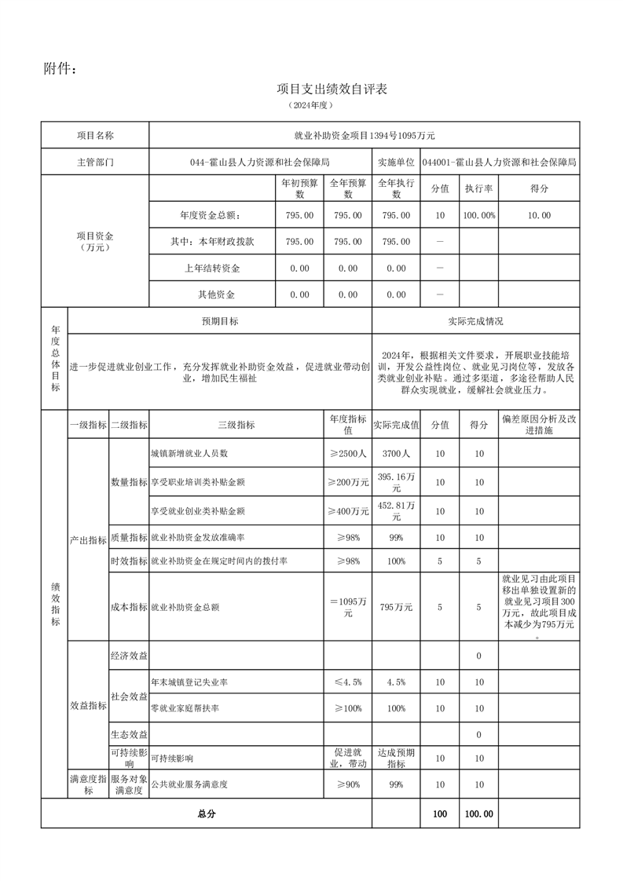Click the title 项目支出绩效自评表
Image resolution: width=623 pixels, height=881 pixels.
332,90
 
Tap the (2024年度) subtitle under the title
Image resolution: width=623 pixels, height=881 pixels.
311,105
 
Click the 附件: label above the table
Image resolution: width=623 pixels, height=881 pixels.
60,70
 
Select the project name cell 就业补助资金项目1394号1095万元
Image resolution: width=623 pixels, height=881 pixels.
364,136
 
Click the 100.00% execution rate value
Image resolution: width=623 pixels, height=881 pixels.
478,215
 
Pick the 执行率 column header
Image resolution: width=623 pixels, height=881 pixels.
478,189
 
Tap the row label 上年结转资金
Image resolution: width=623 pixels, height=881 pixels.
212,269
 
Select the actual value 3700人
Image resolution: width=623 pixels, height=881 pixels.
396,454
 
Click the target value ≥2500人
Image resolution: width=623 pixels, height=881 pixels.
347,454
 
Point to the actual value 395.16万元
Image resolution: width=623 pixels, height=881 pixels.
396,482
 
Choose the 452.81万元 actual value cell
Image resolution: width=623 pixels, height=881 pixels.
396,511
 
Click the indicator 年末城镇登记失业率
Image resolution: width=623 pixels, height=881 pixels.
195,682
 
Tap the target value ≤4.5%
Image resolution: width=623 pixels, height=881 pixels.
347,682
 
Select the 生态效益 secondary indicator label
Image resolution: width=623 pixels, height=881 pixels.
129,734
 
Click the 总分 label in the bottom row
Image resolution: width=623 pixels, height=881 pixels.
207,814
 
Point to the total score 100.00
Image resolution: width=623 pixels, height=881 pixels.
478,814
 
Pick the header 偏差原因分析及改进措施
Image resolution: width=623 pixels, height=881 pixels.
539,425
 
